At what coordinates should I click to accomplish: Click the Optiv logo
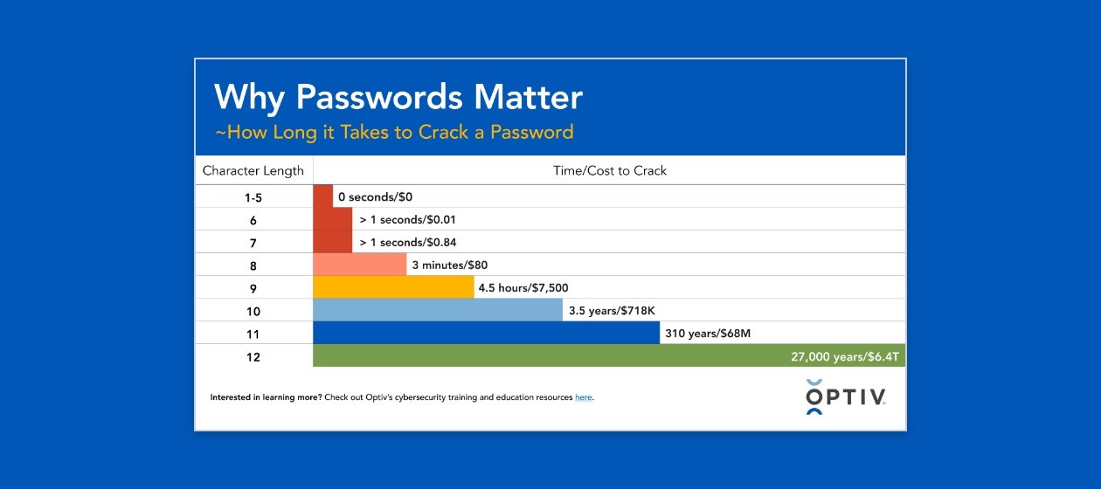pos(845,397)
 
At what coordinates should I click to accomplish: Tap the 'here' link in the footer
pos(584,397)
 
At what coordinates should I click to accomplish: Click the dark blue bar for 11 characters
pos(486,333)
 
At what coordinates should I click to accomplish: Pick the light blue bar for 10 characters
pos(438,310)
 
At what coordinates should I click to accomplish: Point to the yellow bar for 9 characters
pos(393,287)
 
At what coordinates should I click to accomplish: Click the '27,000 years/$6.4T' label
pos(843,356)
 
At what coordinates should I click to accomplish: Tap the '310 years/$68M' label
pos(707,333)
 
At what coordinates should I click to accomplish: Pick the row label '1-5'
pos(253,197)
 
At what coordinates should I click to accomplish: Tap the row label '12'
pos(253,356)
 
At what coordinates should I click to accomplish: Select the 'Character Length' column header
pos(253,170)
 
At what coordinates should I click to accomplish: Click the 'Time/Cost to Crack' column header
pos(610,170)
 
